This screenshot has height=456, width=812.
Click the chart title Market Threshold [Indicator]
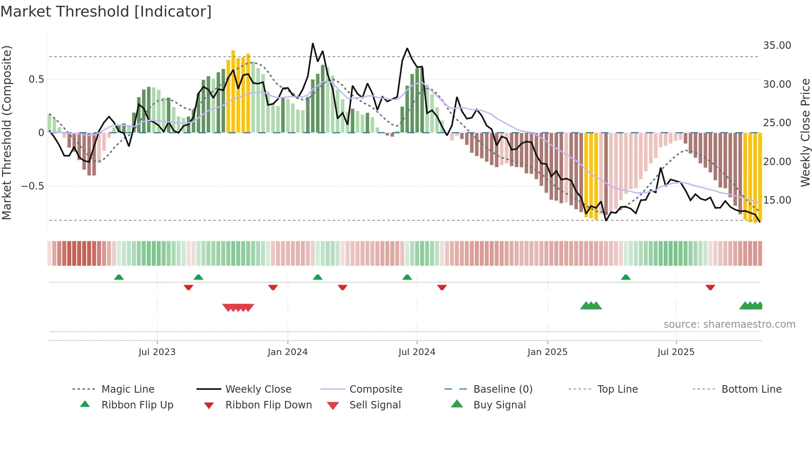[106, 12]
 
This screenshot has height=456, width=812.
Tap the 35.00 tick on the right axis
[777, 46]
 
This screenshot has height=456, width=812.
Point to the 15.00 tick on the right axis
[777, 200]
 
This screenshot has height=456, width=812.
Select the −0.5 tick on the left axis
[32, 186]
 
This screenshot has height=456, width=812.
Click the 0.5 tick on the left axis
[36, 79]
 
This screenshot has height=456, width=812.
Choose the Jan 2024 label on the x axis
[288, 352]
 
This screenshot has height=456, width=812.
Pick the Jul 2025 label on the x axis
[676, 352]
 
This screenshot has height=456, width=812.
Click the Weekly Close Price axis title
[805, 132]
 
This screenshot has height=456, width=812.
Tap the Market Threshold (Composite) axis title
[7, 132]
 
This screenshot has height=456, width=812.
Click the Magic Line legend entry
[128, 389]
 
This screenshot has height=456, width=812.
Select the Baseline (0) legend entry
[503, 389]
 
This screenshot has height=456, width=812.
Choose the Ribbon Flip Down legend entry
[268, 405]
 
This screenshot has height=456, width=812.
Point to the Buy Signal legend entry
[499, 405]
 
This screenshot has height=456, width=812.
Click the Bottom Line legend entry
[751, 389]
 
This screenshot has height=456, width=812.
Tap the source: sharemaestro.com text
[729, 324]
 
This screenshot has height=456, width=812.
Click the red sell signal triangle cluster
[238, 307]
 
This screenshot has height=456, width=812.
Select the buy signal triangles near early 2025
[591, 306]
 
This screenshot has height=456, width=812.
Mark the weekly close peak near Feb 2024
[313, 44]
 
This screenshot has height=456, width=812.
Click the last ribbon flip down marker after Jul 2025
[710, 287]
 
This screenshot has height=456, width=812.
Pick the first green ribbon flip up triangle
[119, 277]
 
